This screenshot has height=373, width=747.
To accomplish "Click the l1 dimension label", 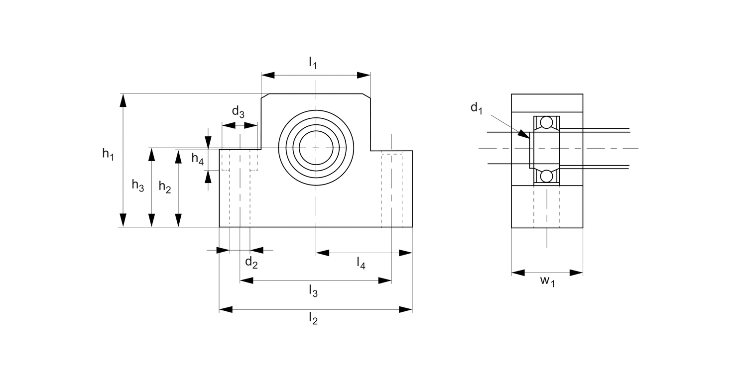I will pos(313,63).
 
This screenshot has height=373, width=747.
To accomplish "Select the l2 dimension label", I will pos(313,318).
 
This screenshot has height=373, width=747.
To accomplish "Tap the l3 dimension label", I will pos(313,290).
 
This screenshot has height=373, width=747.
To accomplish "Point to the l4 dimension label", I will pos(361,263).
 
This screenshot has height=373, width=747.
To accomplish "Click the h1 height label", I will pos(108,155).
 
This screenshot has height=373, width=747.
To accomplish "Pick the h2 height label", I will pos(165,187).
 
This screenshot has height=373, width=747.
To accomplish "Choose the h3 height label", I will pos(138,186).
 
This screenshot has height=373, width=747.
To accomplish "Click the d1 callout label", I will pos(477,108).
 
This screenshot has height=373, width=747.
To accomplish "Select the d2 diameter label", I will pos(251,263).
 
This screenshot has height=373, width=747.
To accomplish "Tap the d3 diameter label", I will pos(238,111).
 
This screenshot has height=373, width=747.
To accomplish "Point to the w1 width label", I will pos(547,281).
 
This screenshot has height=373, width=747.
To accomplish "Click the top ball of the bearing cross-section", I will pos(547,122).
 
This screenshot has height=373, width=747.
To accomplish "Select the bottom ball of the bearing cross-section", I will pos(547,176).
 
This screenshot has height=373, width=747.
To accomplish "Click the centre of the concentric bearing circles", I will pos(316,148).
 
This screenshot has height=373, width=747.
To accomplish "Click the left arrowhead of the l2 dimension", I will pos(226,310).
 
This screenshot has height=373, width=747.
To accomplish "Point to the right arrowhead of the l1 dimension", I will pos(365,75).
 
